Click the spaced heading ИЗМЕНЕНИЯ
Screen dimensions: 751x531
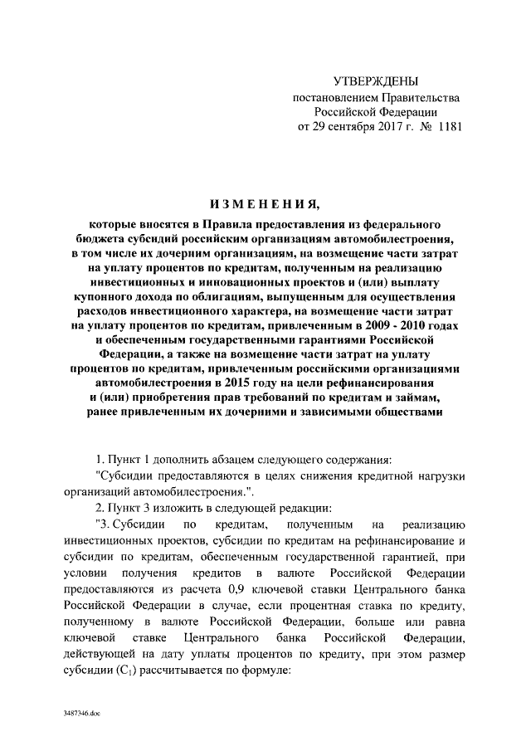click(x=265, y=204)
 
